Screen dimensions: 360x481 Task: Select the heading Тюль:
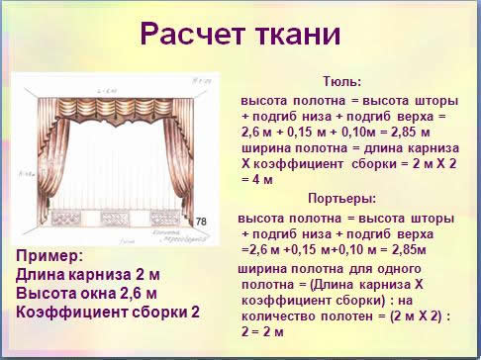342,83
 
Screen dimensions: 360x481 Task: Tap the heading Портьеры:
342,198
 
